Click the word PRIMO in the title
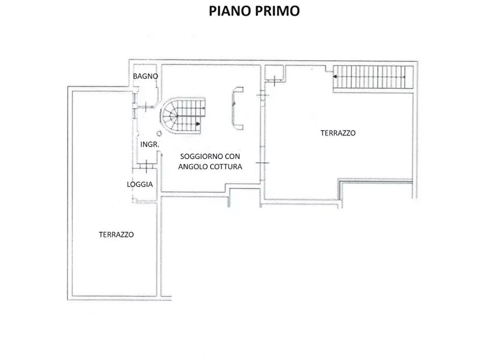pyautogui.click(x=277, y=11)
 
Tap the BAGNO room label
pyautogui.click(x=146, y=76)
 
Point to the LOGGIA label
pyautogui.click(x=140, y=184)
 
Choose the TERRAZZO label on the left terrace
pyautogui.click(x=116, y=234)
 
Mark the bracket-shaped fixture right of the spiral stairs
pyautogui.click(x=236, y=107)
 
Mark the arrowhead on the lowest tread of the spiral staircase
pyautogui.click(x=198, y=124)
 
